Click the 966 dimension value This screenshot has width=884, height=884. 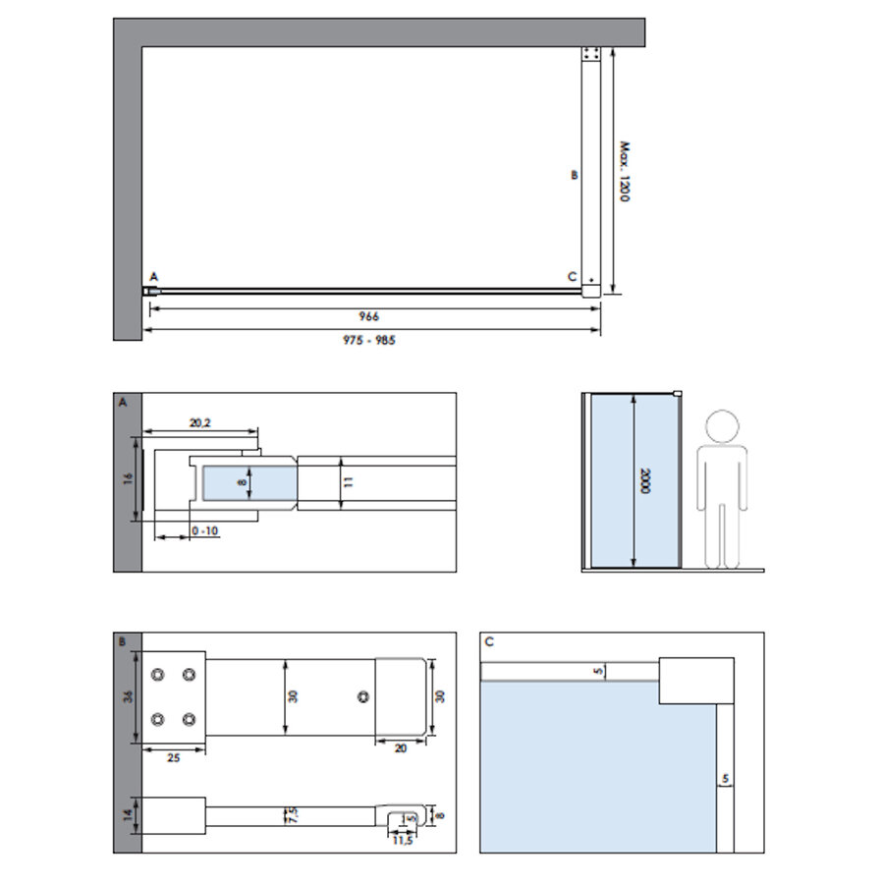368,316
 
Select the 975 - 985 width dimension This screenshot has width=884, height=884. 369,340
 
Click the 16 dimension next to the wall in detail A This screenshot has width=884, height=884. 129,480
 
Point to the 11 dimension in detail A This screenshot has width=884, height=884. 350,481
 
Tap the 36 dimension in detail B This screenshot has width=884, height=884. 129,697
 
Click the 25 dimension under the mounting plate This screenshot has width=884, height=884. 173,758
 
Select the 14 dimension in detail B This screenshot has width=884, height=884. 129,815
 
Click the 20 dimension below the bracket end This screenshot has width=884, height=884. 402,746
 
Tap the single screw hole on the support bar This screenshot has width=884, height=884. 364,696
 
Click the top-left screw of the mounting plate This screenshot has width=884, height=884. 158,676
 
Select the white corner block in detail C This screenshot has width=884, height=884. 696,681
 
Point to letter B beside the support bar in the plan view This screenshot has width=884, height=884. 575,176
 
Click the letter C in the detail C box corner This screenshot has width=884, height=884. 489,641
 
